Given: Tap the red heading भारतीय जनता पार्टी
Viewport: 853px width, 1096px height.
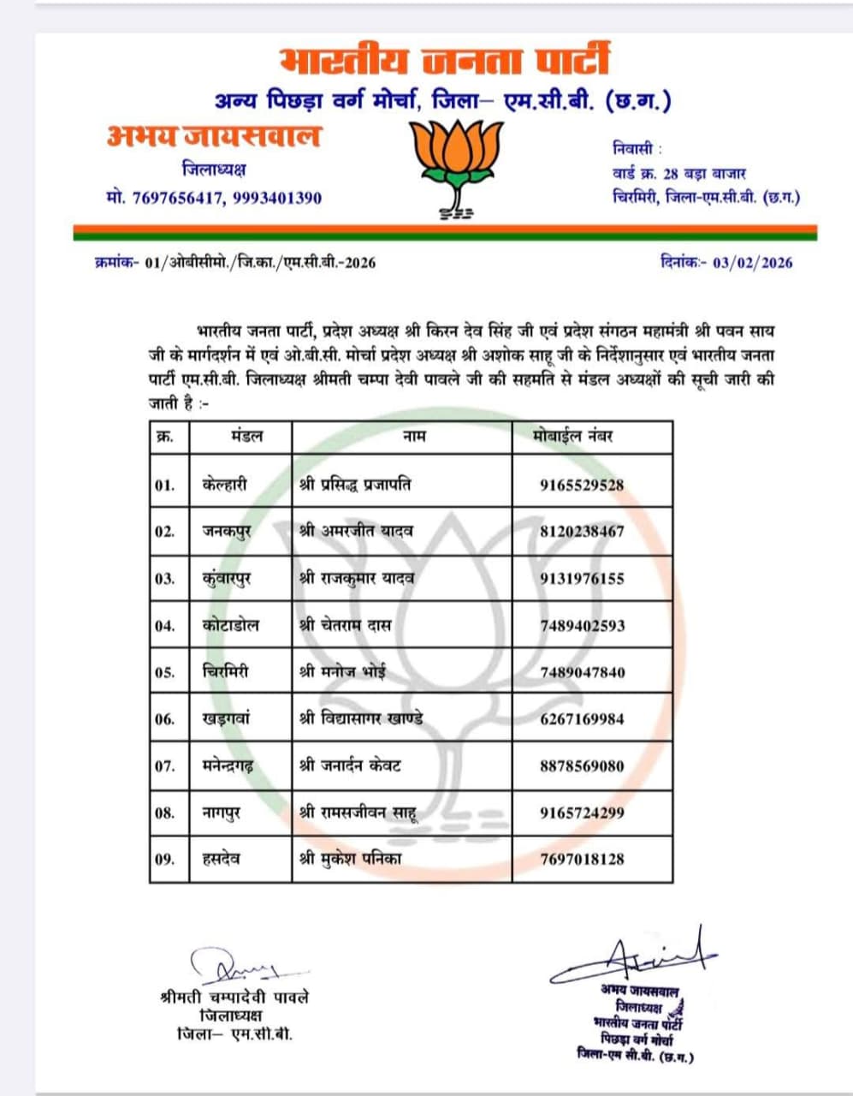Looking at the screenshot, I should (445, 62).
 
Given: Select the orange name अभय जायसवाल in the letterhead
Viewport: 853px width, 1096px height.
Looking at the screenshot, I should (214, 136).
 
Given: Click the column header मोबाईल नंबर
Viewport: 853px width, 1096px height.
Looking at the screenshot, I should (577, 437).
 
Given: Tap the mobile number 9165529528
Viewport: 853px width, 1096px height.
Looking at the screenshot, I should (582, 485).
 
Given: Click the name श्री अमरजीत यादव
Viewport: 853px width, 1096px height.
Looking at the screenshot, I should (357, 531).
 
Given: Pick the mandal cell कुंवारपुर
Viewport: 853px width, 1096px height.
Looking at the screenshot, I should (227, 578).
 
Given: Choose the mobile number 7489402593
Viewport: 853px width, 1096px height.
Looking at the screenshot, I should (582, 625).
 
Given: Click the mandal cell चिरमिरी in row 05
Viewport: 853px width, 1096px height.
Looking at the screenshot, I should (225, 672).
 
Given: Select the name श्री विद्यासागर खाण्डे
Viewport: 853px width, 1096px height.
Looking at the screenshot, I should (361, 718).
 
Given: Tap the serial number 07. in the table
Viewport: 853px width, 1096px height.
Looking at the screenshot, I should (165, 765).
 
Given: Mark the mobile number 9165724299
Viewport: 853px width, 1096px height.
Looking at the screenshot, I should (582, 812).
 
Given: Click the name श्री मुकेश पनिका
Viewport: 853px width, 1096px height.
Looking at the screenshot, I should (350, 858).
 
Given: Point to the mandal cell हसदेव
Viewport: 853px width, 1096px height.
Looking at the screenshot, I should (222, 858).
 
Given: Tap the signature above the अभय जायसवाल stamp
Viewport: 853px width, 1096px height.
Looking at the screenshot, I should (634, 955).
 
